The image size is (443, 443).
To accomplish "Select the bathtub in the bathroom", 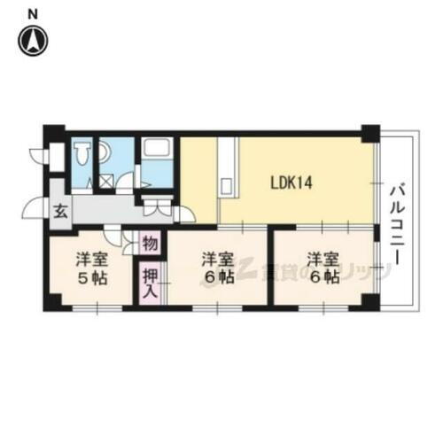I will tap(157, 159).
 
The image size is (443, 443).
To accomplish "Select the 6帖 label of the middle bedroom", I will tap(215, 268).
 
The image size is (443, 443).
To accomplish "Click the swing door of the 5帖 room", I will tap(112, 236).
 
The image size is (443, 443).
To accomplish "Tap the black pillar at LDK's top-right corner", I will tap(369, 134).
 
